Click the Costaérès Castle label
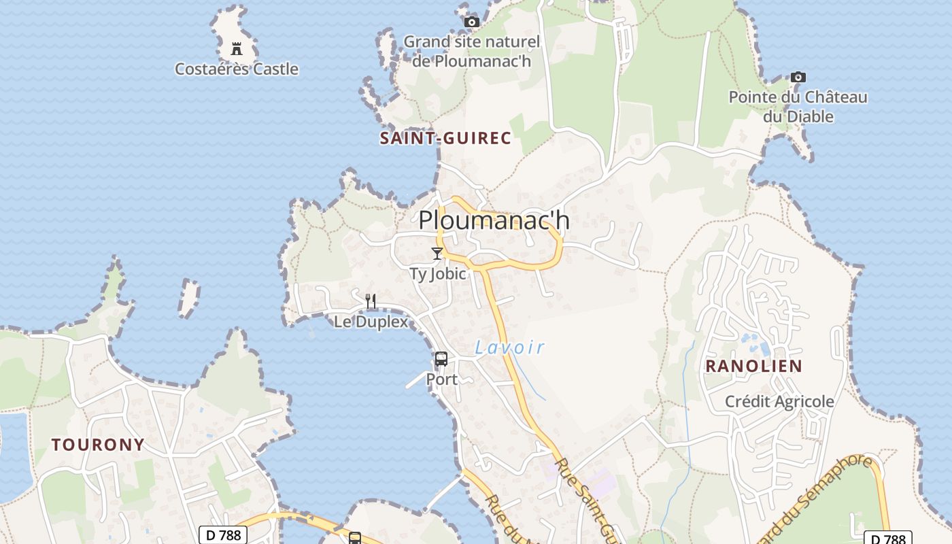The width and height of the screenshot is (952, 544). [x=236, y=69]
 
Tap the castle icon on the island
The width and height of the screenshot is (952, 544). [x=237, y=49]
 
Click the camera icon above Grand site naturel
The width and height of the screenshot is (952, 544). [x=471, y=22]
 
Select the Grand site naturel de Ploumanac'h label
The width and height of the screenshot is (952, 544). [x=471, y=51]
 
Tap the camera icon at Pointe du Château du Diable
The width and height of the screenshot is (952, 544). [x=798, y=78]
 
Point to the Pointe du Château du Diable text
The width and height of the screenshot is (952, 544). [x=798, y=107]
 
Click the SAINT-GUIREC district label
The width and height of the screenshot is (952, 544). [x=445, y=138]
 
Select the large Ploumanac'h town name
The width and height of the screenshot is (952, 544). [x=494, y=220]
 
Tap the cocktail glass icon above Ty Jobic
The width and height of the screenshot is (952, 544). [x=437, y=254]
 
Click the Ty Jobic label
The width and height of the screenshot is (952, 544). [x=438, y=273]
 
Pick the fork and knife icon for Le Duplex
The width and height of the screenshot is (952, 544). [x=371, y=301]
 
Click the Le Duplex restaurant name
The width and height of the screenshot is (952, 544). [x=371, y=321]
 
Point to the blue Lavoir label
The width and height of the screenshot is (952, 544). [x=510, y=347]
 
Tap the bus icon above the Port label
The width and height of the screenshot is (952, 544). [x=441, y=358]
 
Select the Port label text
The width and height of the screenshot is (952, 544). [x=442, y=379]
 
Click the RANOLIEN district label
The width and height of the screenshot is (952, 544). [x=753, y=366]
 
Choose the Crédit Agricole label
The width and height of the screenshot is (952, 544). [x=779, y=401]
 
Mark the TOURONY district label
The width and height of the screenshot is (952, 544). [x=99, y=445]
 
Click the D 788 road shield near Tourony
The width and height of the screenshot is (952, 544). [x=223, y=535]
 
